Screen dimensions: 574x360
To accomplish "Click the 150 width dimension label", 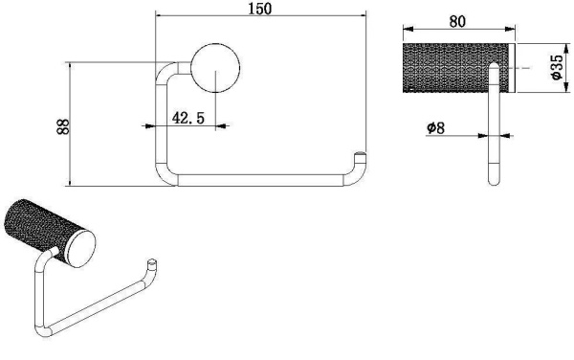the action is tap(260, 9).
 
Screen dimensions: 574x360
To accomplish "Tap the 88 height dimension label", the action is tap(63, 126).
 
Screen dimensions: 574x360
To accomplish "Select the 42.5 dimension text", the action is tap(188, 118).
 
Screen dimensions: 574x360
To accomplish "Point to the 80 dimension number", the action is tap(457, 22).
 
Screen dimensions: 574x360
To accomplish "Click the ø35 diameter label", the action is tap(556, 67).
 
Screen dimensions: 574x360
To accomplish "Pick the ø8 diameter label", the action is tap(435, 127).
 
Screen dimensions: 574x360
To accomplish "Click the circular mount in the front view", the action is tap(215, 68).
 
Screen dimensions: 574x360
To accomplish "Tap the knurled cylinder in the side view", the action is tap(455, 68).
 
